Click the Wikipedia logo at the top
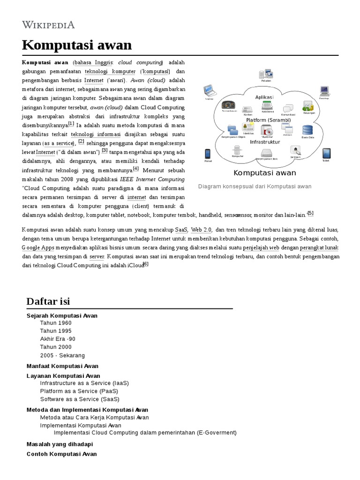(49, 25)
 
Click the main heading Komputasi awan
(77, 45)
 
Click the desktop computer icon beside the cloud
(324, 91)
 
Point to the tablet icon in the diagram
(326, 153)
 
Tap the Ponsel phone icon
(208, 154)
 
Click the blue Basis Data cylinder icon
(307, 130)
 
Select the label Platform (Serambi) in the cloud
(268, 120)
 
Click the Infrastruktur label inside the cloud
(265, 142)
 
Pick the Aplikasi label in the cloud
(264, 97)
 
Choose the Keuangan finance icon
(308, 106)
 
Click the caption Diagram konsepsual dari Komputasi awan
(255, 186)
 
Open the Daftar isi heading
(48, 300)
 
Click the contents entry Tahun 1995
(56, 331)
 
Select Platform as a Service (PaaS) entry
(79, 391)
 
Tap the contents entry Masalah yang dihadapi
(60, 444)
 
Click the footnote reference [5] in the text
(310, 213)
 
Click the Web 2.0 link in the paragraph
(202, 230)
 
